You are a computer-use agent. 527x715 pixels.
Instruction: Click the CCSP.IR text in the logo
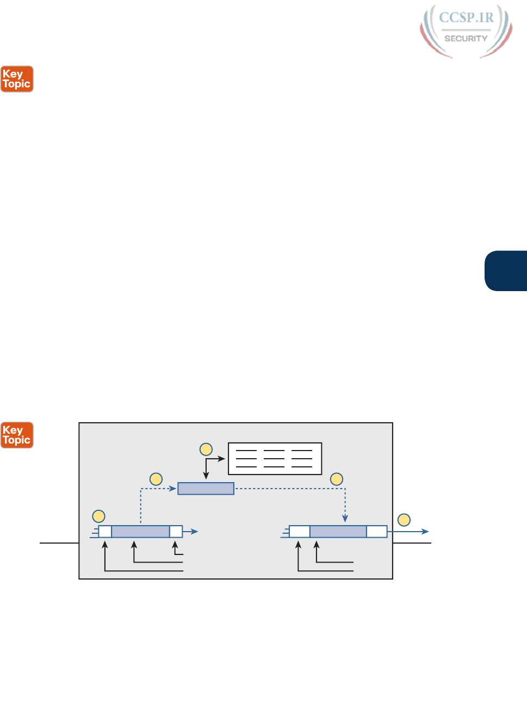pyautogui.click(x=466, y=17)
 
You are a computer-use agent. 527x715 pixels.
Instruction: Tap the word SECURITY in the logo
pyautogui.click(x=466, y=39)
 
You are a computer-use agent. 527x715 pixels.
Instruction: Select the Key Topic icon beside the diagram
pyautogui.click(x=17, y=435)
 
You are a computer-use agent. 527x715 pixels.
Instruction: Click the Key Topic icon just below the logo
pyautogui.click(x=17, y=79)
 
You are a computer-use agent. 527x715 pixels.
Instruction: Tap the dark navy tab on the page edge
pyautogui.click(x=506, y=271)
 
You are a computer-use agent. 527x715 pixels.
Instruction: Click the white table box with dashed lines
pyautogui.click(x=275, y=459)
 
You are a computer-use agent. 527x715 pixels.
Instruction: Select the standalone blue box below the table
pyautogui.click(x=206, y=489)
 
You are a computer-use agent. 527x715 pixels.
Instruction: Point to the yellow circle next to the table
pyautogui.click(x=206, y=449)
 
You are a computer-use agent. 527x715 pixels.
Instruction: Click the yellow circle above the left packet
pyautogui.click(x=98, y=516)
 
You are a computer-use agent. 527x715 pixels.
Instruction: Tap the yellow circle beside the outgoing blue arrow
pyautogui.click(x=404, y=520)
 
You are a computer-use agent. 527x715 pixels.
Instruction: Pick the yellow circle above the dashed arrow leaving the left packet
pyautogui.click(x=156, y=479)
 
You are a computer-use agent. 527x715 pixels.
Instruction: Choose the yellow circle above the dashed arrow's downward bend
pyautogui.click(x=337, y=479)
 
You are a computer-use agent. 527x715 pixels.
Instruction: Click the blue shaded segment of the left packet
pyautogui.click(x=140, y=532)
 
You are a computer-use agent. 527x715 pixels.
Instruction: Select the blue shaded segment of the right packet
pyautogui.click(x=338, y=532)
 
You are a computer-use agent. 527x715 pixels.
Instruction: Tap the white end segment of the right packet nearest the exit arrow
pyautogui.click(x=376, y=532)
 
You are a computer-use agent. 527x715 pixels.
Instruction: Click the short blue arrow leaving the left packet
pyautogui.click(x=191, y=532)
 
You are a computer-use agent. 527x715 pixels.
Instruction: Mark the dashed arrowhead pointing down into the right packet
pyautogui.click(x=345, y=519)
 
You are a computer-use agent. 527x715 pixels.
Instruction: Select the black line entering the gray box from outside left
pyautogui.click(x=59, y=543)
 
